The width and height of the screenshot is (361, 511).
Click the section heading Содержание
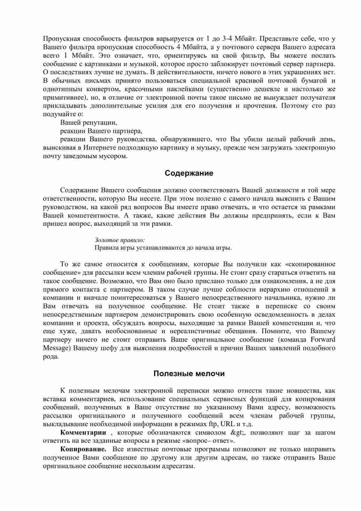189,173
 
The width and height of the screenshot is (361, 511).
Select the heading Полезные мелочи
189,374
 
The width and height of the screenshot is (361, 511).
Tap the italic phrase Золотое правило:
120,240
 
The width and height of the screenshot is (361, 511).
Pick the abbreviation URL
228,424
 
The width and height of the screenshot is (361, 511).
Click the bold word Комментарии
83,433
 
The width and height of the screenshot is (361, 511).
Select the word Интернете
99,148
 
